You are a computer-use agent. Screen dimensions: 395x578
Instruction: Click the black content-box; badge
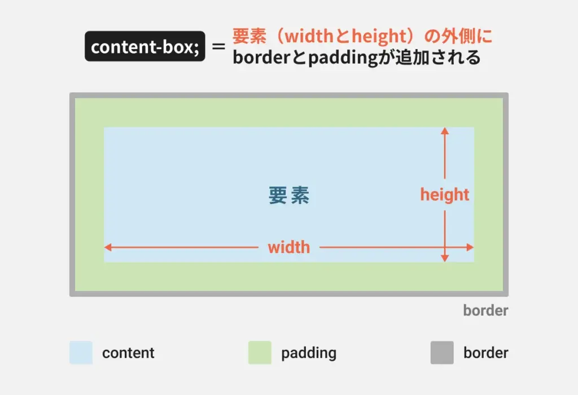pos(145,47)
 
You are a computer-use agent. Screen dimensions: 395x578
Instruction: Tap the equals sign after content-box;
pos(218,47)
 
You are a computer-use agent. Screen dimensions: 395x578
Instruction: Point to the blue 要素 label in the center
pos(289,196)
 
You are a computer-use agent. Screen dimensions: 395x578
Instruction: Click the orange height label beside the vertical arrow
pos(444,195)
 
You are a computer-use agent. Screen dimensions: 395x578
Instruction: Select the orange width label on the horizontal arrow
pos(288,247)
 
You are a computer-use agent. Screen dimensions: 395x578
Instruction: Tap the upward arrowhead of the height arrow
pos(445,131)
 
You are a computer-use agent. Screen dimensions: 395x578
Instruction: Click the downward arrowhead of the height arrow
pos(445,258)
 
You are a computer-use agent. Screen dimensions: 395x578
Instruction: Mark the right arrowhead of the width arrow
pos(470,247)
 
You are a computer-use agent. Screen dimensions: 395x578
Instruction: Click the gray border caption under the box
pos(485,310)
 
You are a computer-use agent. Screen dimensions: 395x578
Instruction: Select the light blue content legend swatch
pos(81,353)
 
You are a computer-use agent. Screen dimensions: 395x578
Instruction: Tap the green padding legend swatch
pos(260,353)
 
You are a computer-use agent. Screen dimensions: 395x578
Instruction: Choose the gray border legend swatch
pos(442,353)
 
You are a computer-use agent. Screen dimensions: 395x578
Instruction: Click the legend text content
pos(128,353)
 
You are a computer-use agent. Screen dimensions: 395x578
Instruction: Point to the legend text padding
pos(309,353)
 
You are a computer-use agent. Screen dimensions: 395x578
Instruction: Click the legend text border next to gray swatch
pos(485,353)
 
